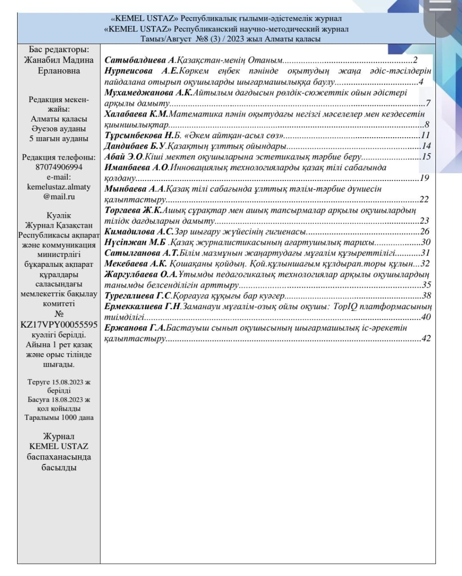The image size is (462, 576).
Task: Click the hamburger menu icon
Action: click(440, 5)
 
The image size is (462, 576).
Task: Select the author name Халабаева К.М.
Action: click(136, 114)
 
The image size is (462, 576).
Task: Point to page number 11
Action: click(426, 135)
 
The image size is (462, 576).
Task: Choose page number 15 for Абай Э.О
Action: click(426, 157)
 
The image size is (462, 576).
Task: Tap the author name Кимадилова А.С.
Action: click(139, 232)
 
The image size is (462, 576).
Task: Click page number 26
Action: click(425, 232)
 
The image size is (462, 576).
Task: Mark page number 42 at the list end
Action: click(426, 338)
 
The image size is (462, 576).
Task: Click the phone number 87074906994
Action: click(59, 167)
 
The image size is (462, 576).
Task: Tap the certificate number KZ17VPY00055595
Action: click(59, 324)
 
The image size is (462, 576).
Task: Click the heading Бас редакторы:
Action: click(59, 49)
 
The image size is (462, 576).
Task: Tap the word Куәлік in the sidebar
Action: click(59, 216)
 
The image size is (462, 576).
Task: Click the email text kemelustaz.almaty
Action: click(59, 187)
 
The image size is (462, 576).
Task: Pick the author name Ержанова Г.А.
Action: click(135, 328)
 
